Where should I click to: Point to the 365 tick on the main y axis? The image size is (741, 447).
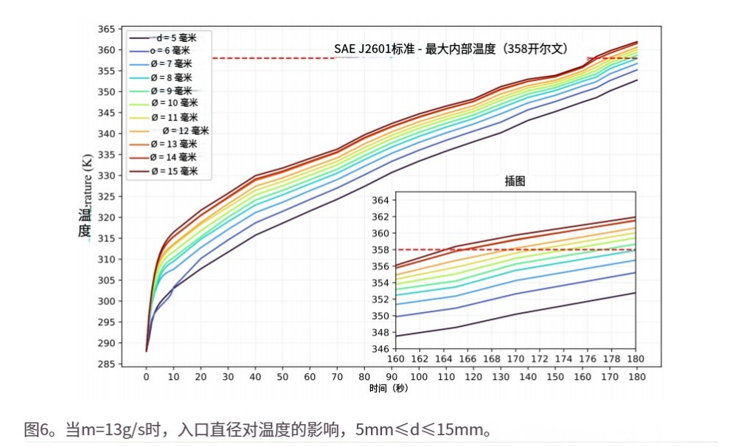[107, 29]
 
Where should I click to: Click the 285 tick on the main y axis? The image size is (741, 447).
[107, 364]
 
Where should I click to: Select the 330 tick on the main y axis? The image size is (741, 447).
[107, 176]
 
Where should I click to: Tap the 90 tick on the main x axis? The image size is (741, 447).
[391, 376]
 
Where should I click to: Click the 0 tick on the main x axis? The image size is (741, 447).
[146, 376]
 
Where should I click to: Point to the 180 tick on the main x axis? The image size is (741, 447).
[636, 376]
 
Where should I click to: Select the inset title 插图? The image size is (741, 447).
[515, 181]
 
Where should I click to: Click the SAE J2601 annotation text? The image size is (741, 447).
[450, 49]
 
